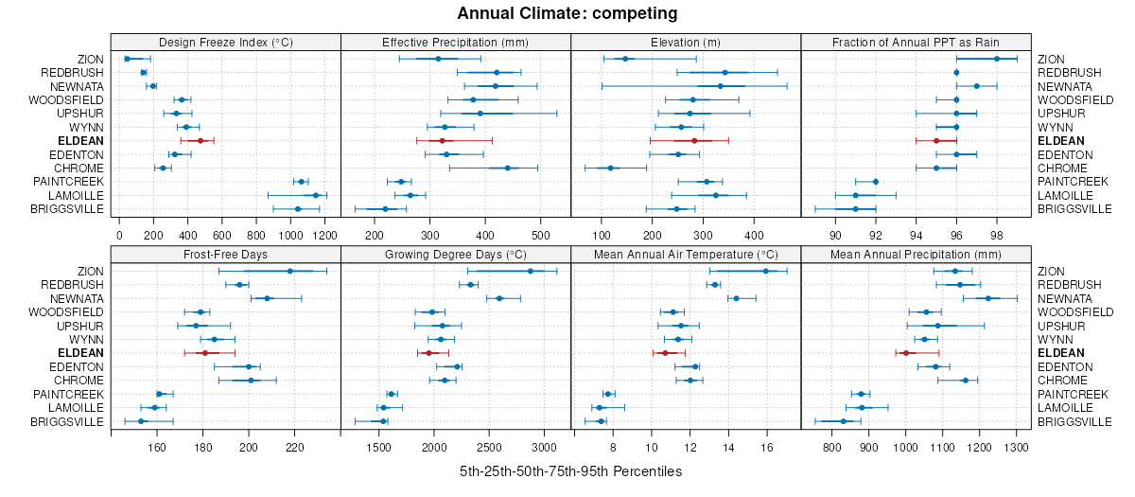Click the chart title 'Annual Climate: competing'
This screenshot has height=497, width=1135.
(x=567, y=13)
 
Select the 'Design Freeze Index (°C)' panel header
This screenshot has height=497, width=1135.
(x=225, y=42)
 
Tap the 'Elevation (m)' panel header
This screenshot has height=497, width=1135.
(x=686, y=42)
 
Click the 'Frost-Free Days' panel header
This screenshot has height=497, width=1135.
(x=225, y=254)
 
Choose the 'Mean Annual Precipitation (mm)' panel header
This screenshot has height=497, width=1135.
(x=916, y=254)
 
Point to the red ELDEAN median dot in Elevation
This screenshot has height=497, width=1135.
(x=694, y=140)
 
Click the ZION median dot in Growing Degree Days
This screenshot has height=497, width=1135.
(x=530, y=271)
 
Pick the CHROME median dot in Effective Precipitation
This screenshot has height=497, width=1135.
(x=508, y=168)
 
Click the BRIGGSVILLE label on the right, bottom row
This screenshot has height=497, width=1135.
(x=1069, y=421)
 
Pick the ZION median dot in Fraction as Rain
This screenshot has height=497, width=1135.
(x=997, y=59)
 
